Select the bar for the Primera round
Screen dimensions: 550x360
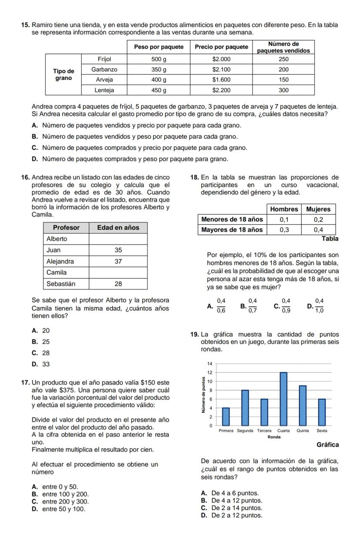(x=226, y=417)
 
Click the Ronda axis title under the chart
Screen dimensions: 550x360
(x=273, y=437)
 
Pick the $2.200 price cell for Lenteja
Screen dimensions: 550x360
(x=221, y=90)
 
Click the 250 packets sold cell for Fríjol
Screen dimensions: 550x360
(x=284, y=59)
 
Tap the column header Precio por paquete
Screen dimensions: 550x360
(x=221, y=47)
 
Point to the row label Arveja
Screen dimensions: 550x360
(x=104, y=80)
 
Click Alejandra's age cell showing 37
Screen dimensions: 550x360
(x=118, y=262)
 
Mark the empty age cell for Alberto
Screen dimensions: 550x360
(x=118, y=239)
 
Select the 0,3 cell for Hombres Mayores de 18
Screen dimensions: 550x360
(x=284, y=230)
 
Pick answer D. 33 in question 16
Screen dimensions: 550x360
(x=41, y=364)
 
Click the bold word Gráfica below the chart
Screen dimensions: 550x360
(x=327, y=445)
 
